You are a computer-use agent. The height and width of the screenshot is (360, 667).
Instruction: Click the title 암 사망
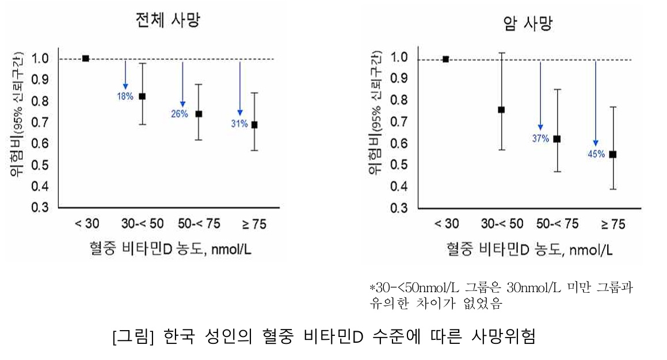click(x=527, y=24)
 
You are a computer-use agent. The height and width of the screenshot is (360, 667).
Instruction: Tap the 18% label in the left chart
click(x=125, y=97)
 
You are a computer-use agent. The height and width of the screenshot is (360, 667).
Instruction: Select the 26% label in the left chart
click(x=179, y=114)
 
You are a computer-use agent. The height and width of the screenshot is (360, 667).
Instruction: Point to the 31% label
click(x=239, y=124)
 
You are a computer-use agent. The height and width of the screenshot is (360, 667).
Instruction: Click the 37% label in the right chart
click(x=540, y=138)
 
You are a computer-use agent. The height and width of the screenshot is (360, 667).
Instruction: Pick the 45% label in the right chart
click(x=596, y=154)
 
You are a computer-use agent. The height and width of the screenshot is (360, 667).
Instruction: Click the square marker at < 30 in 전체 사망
click(x=86, y=58)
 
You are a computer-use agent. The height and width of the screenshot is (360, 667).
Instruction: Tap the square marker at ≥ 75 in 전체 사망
click(x=254, y=125)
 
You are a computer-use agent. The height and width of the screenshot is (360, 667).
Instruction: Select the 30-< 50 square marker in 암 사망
click(x=501, y=109)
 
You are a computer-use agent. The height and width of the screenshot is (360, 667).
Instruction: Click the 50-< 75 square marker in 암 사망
click(x=557, y=139)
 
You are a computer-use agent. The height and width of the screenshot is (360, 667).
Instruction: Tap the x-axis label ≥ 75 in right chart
click(x=612, y=225)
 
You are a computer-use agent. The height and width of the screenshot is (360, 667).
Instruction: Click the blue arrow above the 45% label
click(x=596, y=104)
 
